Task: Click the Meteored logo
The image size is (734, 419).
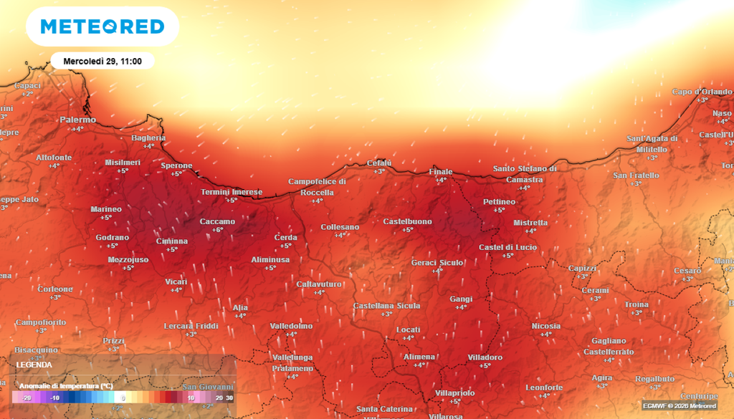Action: (x=102, y=27)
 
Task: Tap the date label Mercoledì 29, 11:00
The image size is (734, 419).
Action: (x=103, y=61)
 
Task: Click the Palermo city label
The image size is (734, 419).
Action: (x=77, y=120)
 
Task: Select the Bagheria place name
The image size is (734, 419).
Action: (x=148, y=138)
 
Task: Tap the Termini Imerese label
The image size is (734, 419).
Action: (x=232, y=192)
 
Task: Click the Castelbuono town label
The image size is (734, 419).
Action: (x=407, y=221)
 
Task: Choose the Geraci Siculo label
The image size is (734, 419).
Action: (x=437, y=263)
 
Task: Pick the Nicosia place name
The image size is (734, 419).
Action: (x=545, y=326)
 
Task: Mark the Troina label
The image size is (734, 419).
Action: (x=636, y=304)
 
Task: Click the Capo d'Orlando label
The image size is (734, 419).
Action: (x=702, y=92)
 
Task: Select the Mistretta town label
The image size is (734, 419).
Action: (x=530, y=223)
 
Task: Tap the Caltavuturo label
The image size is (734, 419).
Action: (x=320, y=284)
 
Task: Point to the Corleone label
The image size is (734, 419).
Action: (x=55, y=289)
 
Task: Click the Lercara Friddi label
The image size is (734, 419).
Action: (x=191, y=326)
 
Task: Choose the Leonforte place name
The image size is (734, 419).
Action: (x=544, y=387)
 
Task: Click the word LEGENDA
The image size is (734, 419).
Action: (x=34, y=364)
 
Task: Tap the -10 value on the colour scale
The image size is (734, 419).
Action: (x=54, y=397)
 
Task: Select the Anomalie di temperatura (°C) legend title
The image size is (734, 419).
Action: (x=66, y=385)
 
